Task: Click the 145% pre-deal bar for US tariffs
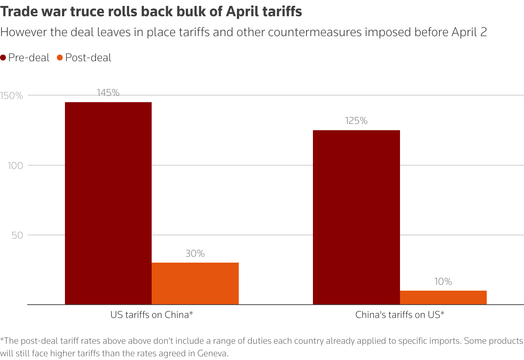click(108, 203)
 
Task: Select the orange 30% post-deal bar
click(195, 283)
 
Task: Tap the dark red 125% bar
click(356, 217)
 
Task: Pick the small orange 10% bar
click(443, 297)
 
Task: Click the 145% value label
click(108, 93)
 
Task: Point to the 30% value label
click(195, 254)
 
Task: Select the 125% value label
click(356, 121)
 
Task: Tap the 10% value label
click(443, 282)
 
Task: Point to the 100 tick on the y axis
click(15, 166)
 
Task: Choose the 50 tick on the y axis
click(17, 235)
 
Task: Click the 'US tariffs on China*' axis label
click(152, 315)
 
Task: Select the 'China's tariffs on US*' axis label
click(400, 315)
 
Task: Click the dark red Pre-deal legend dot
click(3, 58)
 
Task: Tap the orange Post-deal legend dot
click(60, 58)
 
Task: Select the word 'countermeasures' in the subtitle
click(315, 32)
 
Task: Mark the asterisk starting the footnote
click(2, 340)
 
